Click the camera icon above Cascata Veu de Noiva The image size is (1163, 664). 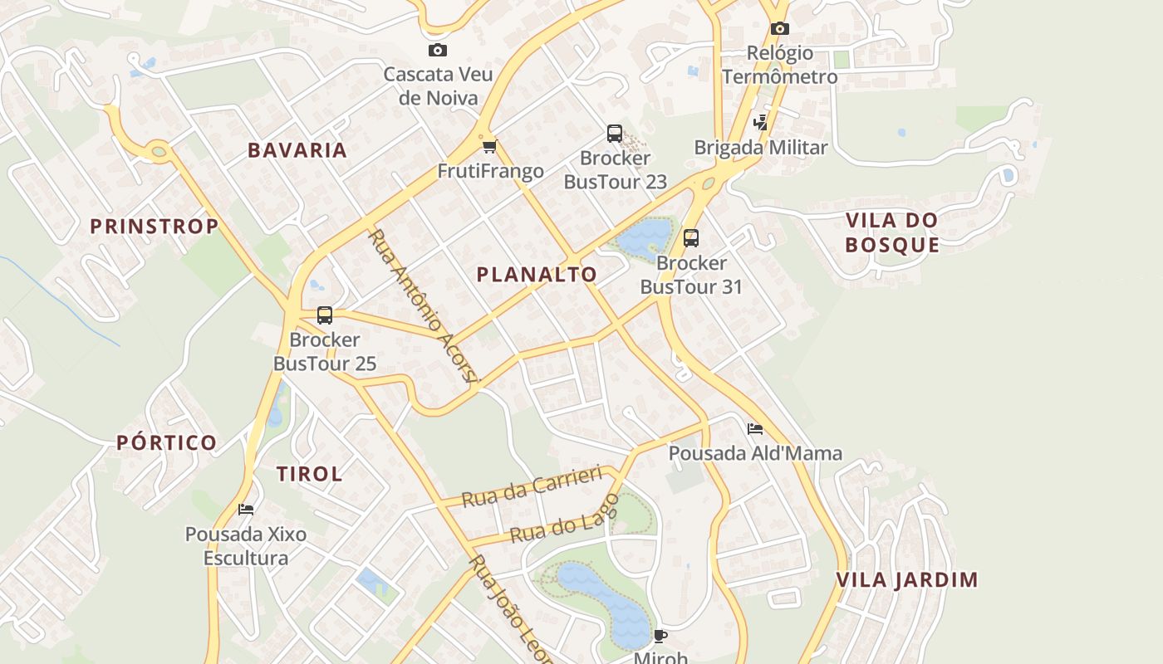pos(438,51)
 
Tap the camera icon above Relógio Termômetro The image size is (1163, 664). pos(779,29)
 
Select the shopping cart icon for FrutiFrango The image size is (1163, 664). pos(489,147)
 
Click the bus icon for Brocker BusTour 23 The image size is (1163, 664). pos(615,133)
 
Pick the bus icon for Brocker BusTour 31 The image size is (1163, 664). pos(691,238)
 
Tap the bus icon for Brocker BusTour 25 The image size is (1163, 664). pos(325,315)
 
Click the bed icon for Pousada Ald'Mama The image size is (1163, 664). pos(755,429)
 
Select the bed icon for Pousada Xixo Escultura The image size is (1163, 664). pos(246,509)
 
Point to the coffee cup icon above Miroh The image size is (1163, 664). pos(660,637)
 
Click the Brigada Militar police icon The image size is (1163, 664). pos(760,123)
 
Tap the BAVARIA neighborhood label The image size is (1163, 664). pos(297,150)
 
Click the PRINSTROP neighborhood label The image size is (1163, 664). pos(155,227)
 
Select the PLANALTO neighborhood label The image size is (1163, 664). pos(537,275)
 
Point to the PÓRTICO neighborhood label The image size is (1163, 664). pos(167,442)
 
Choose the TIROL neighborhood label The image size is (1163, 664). pos(309,474)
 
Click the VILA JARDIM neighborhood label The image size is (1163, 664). pos(907,579)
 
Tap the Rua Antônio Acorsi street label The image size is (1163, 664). pos(424,306)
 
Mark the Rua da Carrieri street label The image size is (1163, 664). pos(531,486)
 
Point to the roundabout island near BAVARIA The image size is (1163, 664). pos(159,151)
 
